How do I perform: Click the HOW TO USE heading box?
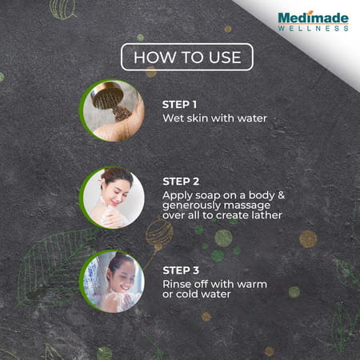click(186, 57)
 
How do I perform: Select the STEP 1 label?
click(179, 105)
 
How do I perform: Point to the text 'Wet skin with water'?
click(214, 118)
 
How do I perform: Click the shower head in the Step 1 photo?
click(108, 98)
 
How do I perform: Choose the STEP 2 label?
click(180, 181)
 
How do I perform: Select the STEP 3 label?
click(180, 269)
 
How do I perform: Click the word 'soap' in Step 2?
click(212, 194)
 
